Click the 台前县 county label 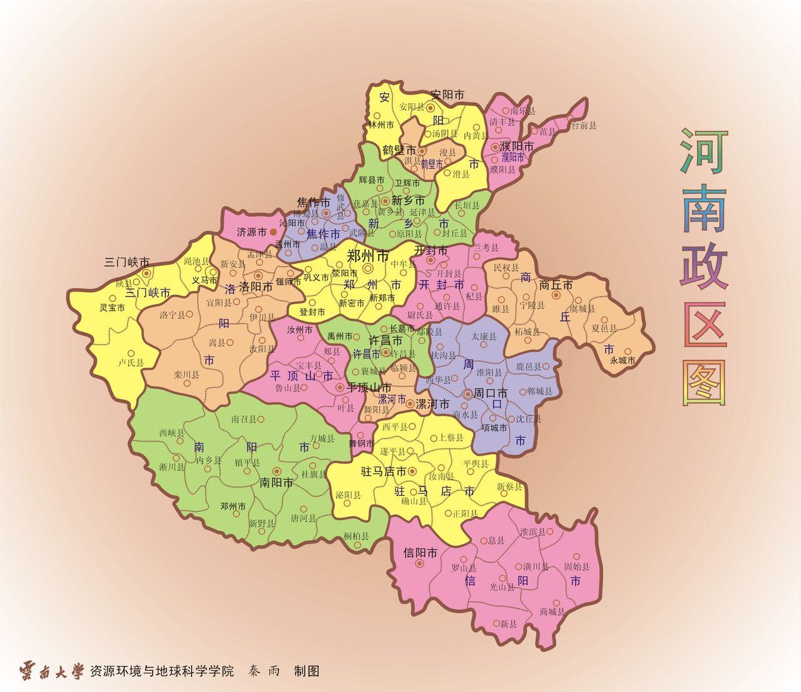point(583,125)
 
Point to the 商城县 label point(552,611)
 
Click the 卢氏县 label point(131,362)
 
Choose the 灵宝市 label point(112,308)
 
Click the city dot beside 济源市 point(273,232)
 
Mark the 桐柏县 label point(356,536)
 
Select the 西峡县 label point(171,432)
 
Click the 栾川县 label point(186,375)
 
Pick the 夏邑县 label point(604,328)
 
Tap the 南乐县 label point(523,111)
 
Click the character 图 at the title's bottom point(706,382)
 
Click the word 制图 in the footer point(307,671)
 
